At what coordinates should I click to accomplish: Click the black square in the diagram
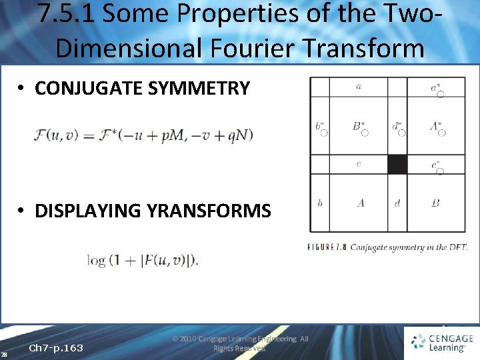click(x=397, y=164)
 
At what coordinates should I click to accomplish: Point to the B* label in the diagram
click(x=359, y=125)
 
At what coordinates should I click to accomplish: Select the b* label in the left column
click(x=320, y=126)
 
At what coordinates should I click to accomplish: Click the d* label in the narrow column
click(x=397, y=125)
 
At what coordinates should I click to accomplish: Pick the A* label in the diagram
click(x=436, y=125)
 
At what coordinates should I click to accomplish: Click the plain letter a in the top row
click(x=359, y=87)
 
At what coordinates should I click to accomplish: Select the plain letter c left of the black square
click(x=359, y=164)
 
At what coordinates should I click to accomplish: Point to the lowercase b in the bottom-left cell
click(x=320, y=203)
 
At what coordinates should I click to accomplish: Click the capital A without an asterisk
click(x=360, y=203)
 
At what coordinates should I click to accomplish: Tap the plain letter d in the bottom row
click(x=397, y=203)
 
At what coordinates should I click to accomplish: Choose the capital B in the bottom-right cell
click(x=435, y=203)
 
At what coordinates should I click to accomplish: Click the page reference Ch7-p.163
click(x=56, y=347)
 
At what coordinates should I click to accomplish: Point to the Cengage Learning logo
click(x=442, y=342)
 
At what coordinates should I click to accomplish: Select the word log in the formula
click(x=97, y=260)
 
